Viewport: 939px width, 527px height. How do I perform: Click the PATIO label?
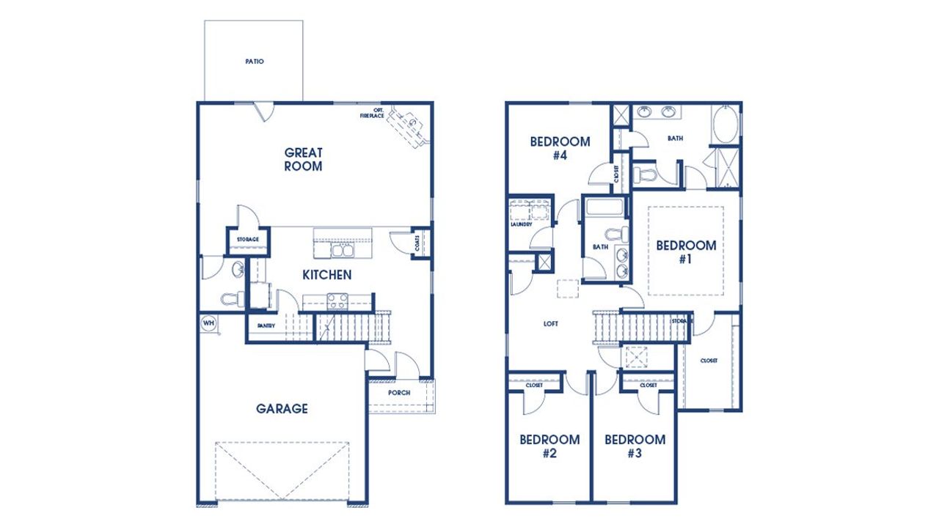click(254, 62)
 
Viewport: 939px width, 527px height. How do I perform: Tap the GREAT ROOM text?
click(303, 159)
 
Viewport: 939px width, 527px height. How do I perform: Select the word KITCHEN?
click(326, 275)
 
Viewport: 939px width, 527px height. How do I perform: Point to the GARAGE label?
click(282, 408)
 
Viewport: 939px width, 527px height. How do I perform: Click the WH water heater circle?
click(208, 323)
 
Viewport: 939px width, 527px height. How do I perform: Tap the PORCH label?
click(399, 393)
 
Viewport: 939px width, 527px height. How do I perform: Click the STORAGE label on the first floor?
click(247, 240)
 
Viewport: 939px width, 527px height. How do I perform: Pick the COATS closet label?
click(417, 243)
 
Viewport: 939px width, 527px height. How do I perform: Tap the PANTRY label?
click(266, 326)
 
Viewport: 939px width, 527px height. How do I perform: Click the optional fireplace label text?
click(373, 113)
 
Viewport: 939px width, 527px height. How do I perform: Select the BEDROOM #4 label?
click(560, 148)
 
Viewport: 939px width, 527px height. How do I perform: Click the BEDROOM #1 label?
click(685, 251)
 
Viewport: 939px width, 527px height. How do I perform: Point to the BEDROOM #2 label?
click(549, 446)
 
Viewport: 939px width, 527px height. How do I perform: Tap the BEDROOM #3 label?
click(635, 446)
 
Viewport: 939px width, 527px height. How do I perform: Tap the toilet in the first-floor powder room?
click(230, 298)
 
